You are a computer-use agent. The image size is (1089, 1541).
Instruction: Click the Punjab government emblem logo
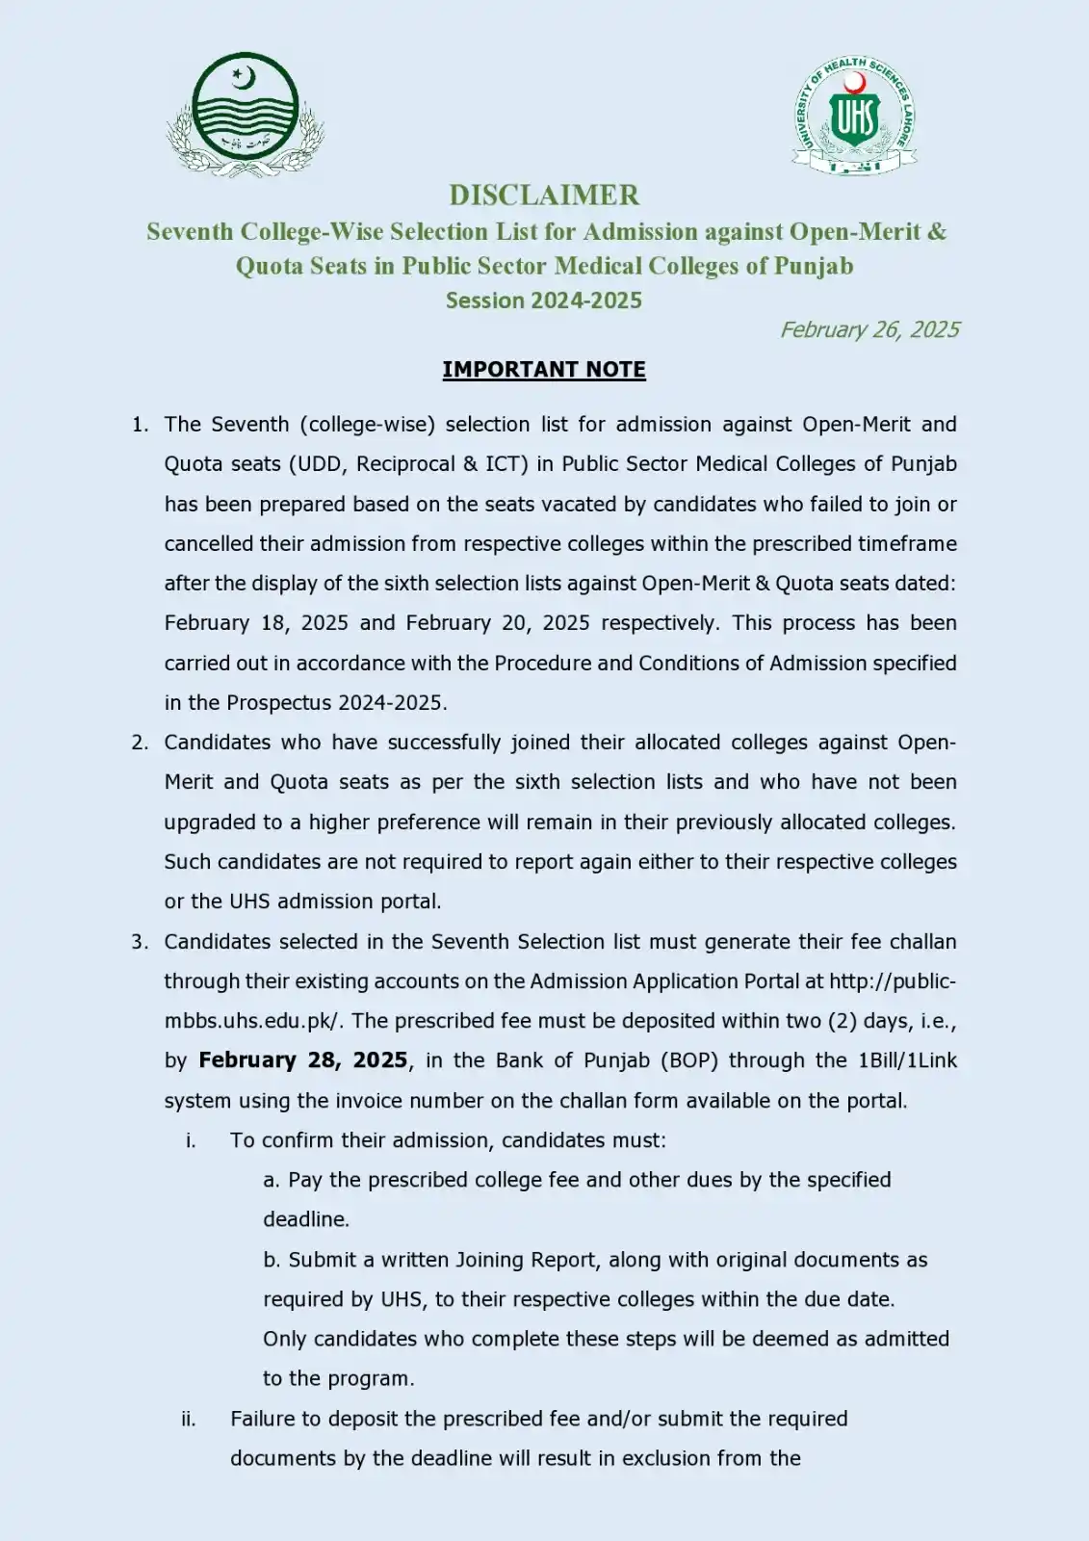(x=246, y=114)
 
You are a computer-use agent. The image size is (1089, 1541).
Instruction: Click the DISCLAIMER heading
(x=544, y=195)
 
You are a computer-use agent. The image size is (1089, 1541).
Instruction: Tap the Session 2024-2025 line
(x=544, y=300)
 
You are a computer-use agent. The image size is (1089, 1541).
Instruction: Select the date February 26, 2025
(x=869, y=329)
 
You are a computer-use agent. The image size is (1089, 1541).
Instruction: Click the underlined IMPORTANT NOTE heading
(x=544, y=370)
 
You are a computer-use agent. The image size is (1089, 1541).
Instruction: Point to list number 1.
(x=140, y=425)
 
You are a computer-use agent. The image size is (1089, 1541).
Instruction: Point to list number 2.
(x=140, y=743)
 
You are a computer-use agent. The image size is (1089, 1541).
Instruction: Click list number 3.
(x=140, y=942)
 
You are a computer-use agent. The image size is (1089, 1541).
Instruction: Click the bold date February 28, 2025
(x=303, y=1060)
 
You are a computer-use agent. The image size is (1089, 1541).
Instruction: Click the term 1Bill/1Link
(x=907, y=1060)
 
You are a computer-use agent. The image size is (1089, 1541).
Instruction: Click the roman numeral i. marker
(x=191, y=1140)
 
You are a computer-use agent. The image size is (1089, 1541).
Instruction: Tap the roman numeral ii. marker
(x=189, y=1419)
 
